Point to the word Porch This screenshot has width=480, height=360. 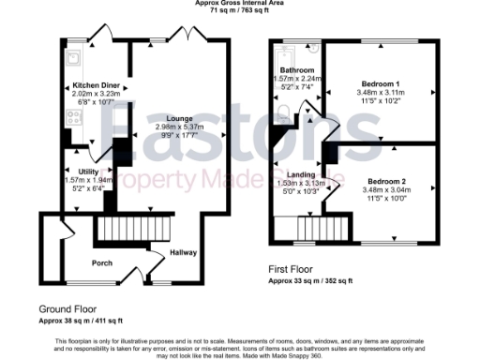tap(103, 262)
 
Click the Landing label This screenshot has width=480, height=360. tap(302, 174)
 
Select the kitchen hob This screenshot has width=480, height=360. tap(71, 118)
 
